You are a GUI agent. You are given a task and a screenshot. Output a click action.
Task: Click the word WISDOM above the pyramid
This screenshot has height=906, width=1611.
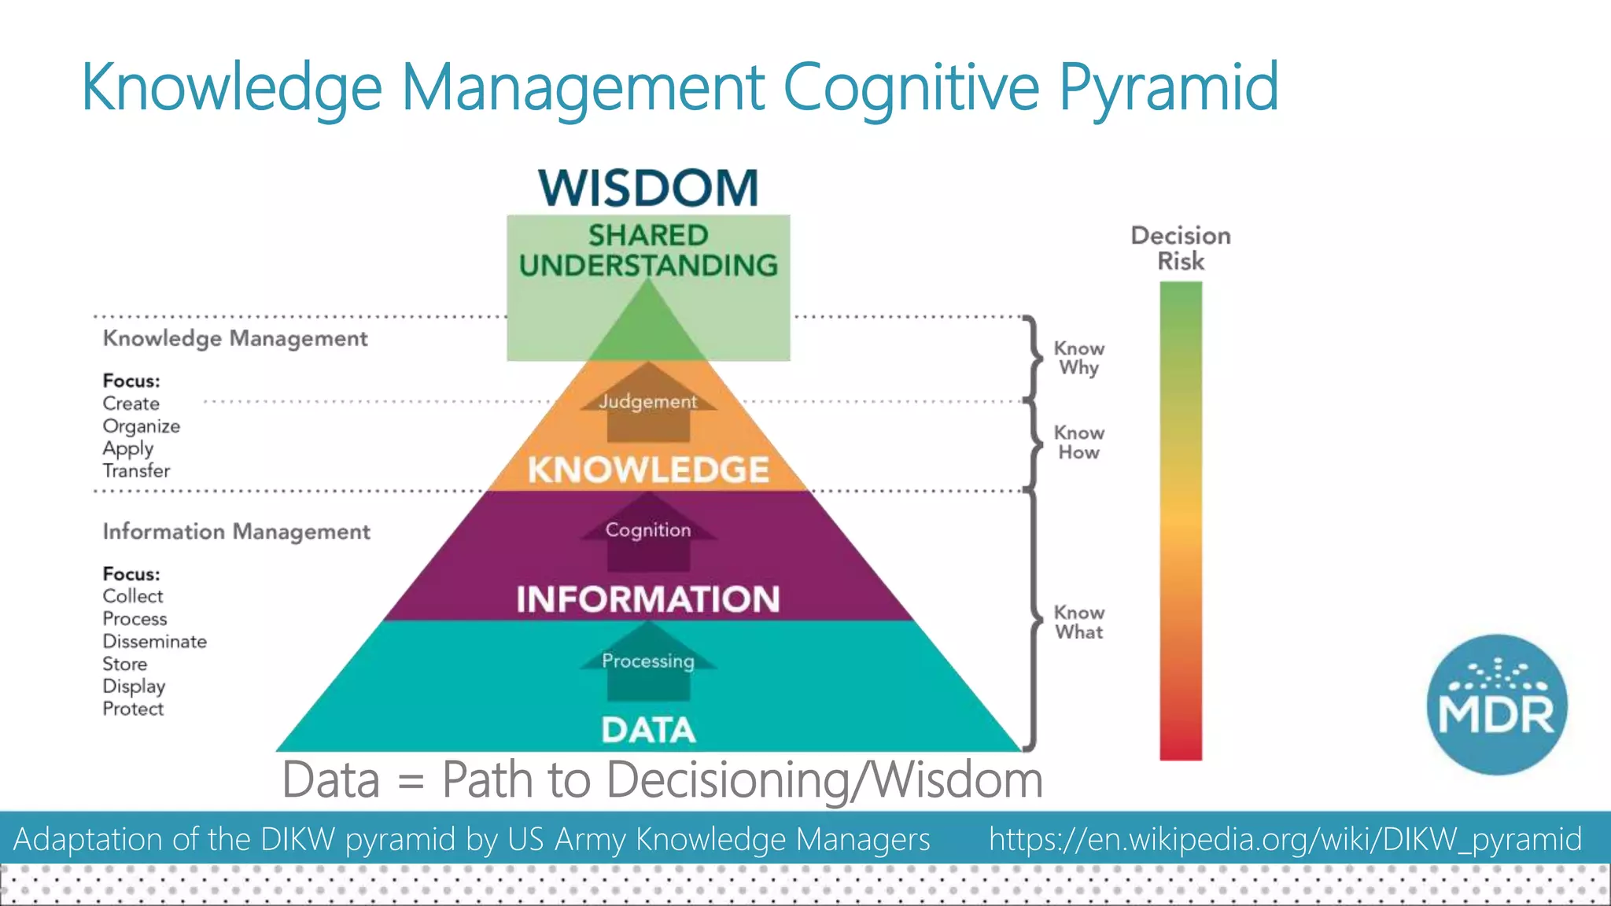[648, 189]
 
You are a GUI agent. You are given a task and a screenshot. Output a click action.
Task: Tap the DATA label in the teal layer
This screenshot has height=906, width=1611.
[648, 730]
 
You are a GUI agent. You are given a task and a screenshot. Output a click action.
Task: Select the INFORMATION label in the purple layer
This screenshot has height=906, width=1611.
[648, 599]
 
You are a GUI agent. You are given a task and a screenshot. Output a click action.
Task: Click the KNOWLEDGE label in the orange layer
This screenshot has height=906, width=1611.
[648, 470]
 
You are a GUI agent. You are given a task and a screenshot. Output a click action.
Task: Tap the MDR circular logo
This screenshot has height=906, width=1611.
[1496, 704]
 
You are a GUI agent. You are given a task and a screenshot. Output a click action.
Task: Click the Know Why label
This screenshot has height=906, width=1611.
[1078, 358]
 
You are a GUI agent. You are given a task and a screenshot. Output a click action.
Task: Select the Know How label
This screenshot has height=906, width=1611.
[1078, 443]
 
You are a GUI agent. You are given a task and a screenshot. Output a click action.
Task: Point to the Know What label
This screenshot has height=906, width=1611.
[1078, 622]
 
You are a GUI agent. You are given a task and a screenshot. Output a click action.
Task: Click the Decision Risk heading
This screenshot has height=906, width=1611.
[1180, 248]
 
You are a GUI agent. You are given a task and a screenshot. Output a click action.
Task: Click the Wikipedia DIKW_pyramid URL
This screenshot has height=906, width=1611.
[1285, 839]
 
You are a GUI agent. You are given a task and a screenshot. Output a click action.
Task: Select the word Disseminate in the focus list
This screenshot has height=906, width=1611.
[154, 642]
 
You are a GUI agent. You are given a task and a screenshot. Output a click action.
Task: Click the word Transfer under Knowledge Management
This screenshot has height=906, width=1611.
[136, 471]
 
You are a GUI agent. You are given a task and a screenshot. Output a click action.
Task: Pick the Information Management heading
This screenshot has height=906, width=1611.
[236, 532]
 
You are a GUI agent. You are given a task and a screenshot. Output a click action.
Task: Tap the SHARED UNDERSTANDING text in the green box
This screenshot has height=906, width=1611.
[648, 250]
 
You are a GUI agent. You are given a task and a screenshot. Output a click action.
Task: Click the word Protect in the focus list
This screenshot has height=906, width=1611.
[133, 709]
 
